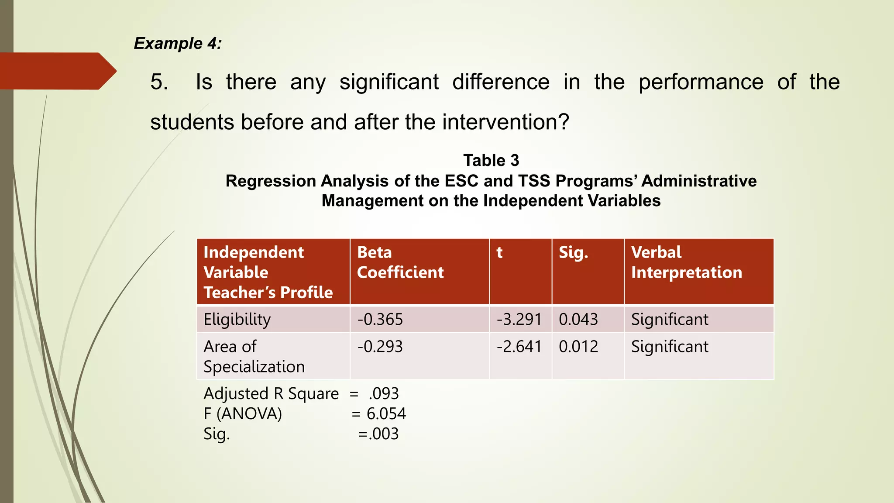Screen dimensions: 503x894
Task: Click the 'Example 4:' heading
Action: point(178,43)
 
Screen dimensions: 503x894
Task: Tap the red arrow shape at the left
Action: point(57,71)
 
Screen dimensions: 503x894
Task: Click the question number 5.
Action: point(159,82)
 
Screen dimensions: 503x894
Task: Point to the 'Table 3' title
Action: point(491,160)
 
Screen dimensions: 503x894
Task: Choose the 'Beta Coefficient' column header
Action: point(400,262)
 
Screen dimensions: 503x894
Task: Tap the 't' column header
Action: point(500,252)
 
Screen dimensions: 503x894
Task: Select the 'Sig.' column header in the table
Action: point(573,252)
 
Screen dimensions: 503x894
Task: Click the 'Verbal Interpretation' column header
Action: point(686,262)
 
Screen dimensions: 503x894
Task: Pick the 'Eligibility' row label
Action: point(237,320)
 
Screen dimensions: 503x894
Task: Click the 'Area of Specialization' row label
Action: point(254,356)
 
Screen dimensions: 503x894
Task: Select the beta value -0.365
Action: point(380,320)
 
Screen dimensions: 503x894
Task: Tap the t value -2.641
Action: point(519,347)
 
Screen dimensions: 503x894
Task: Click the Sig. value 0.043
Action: point(578,320)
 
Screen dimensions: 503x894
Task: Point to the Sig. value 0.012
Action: point(578,347)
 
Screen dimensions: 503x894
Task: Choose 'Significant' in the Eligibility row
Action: point(670,320)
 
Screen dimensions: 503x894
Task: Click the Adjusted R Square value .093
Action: point(384,394)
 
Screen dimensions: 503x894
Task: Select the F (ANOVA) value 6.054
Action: point(386,414)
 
